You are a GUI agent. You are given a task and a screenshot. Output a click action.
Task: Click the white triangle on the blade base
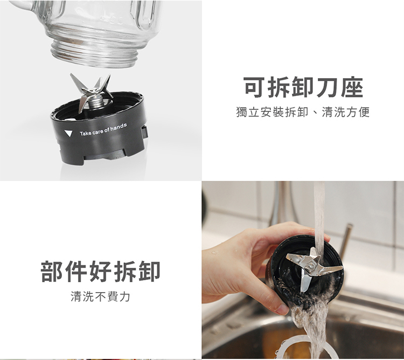[68, 133]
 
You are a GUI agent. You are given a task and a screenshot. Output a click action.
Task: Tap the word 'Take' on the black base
[86, 133]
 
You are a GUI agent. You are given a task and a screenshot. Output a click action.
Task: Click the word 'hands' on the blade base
[119, 126]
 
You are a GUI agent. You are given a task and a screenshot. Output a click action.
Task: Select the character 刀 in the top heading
[328, 87]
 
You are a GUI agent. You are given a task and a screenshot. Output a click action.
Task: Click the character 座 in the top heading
[352, 87]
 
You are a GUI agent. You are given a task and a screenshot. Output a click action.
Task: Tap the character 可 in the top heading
[255, 87]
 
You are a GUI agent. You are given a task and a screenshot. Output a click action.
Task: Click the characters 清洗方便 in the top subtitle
[345, 112]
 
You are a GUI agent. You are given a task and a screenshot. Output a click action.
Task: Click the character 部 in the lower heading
[52, 271]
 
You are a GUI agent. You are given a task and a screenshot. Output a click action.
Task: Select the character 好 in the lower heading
[100, 271]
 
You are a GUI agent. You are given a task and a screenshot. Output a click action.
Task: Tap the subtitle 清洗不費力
[100, 296]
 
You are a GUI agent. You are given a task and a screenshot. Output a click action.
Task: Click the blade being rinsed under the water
[313, 268]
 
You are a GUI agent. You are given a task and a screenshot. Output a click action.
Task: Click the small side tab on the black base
[144, 132]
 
